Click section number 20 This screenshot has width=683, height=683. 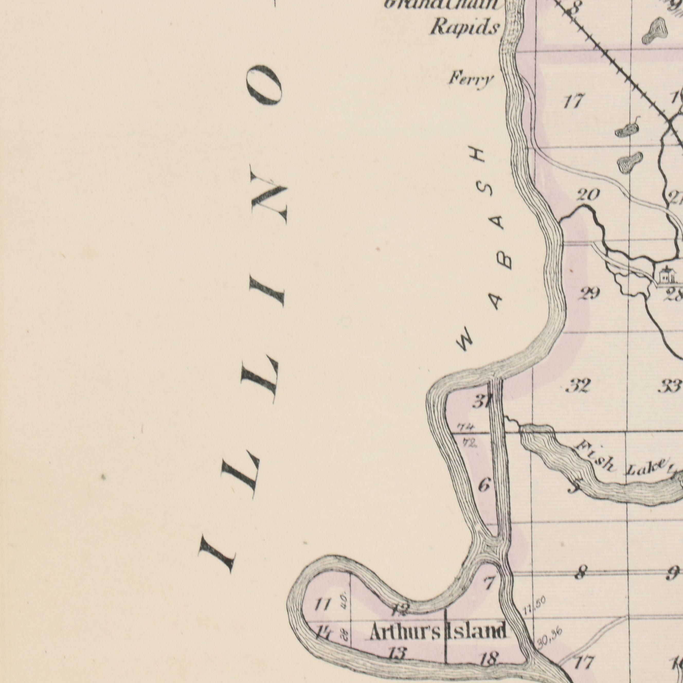tap(588, 195)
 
